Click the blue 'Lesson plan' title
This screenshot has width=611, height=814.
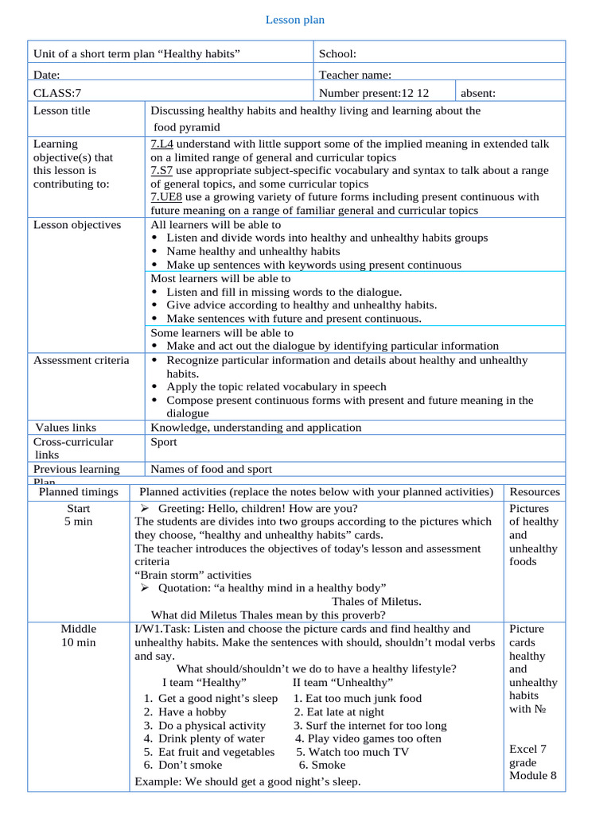pyautogui.click(x=295, y=20)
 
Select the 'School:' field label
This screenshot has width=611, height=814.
pyautogui.click(x=337, y=54)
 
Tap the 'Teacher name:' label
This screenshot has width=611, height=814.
pyautogui.click(x=355, y=75)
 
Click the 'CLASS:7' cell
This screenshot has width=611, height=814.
pyautogui.click(x=57, y=93)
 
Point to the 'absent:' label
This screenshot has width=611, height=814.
pyautogui.click(x=478, y=93)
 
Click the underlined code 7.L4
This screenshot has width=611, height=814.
pyautogui.click(x=162, y=144)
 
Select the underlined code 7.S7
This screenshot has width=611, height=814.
pyautogui.click(x=162, y=170)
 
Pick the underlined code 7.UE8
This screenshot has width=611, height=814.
pyautogui.click(x=166, y=196)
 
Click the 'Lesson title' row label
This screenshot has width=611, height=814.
pyautogui.click(x=62, y=110)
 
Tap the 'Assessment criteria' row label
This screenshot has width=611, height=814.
pyautogui.click(x=81, y=360)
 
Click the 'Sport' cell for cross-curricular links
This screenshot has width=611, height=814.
pyautogui.click(x=164, y=441)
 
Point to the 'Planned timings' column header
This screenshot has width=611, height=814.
pyautogui.click(x=79, y=492)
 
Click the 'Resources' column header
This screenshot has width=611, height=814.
pyautogui.click(x=535, y=492)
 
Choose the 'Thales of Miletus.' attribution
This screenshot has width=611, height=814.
pyautogui.click(x=376, y=601)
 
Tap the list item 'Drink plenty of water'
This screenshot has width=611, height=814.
pyautogui.click(x=212, y=738)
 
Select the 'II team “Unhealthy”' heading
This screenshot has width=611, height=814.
pyautogui.click(x=343, y=682)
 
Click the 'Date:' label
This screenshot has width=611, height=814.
pyautogui.click(x=47, y=75)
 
